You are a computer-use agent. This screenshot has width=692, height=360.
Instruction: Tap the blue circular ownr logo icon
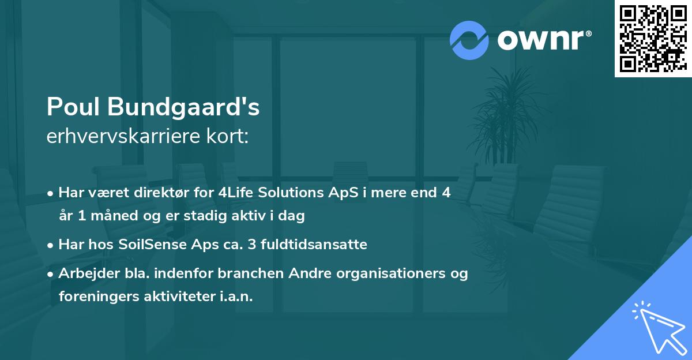click(x=469, y=40)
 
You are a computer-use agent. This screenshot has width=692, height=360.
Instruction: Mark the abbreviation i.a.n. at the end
click(x=235, y=297)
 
